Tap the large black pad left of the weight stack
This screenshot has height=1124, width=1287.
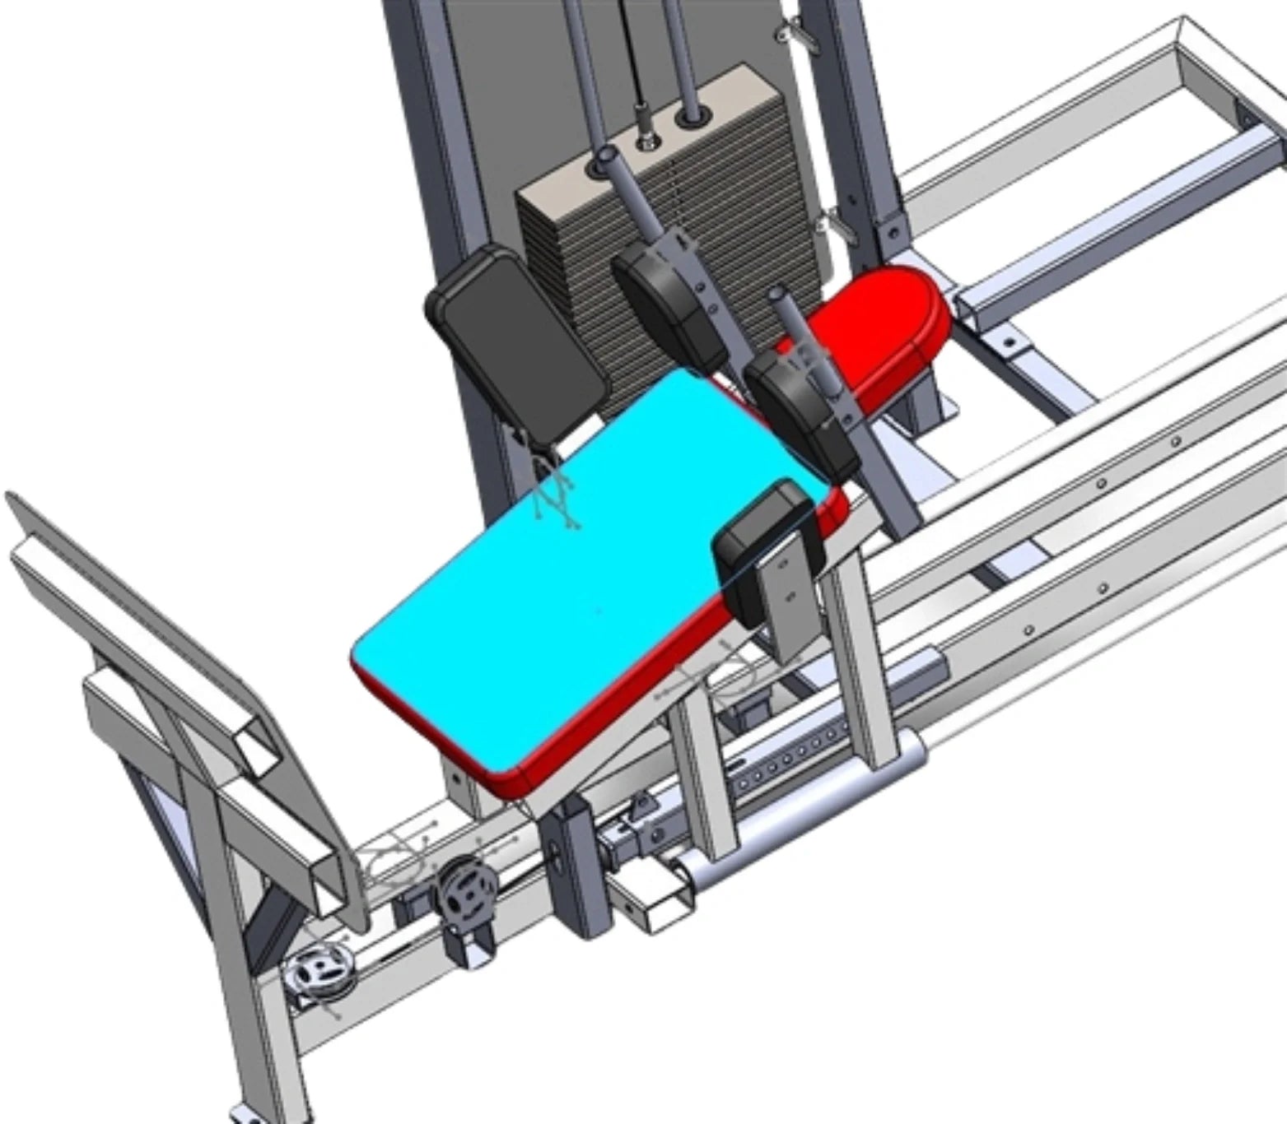coord(515,346)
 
